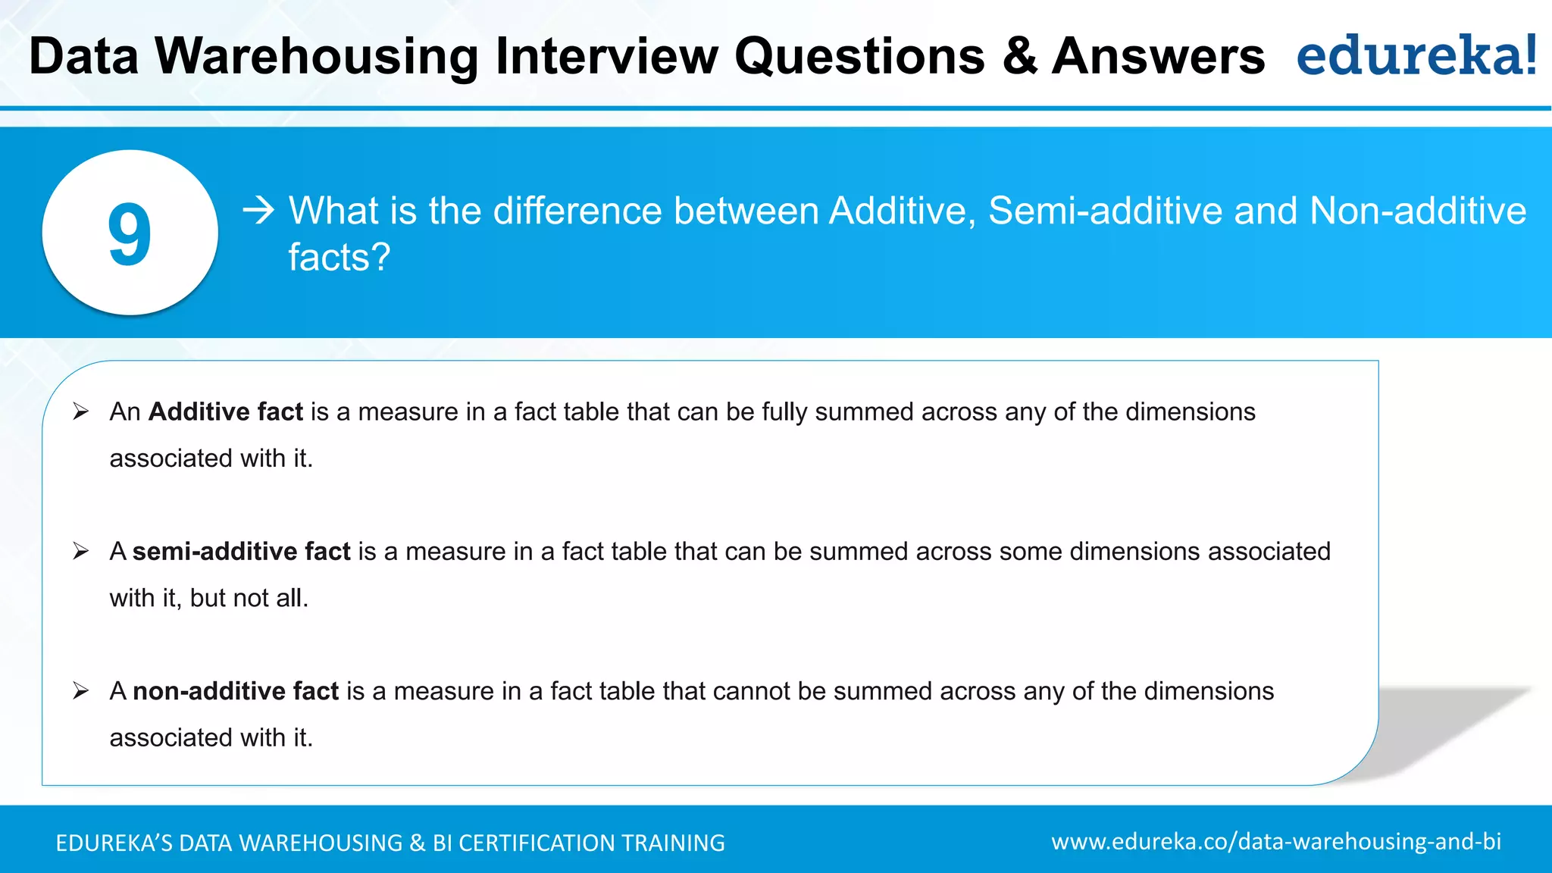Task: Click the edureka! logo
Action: click(1416, 55)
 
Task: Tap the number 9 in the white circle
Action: click(130, 235)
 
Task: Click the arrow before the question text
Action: click(258, 210)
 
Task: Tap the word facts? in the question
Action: click(339, 258)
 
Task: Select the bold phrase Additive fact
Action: click(226, 411)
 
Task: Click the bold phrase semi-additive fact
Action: click(241, 552)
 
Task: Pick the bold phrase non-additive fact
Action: click(236, 691)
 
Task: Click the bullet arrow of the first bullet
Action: click(81, 411)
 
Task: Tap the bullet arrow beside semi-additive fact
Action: click(81, 552)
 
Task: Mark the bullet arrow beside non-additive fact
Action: click(81, 691)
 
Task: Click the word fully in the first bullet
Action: click(784, 412)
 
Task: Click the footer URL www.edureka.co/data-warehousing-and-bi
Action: click(1276, 842)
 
